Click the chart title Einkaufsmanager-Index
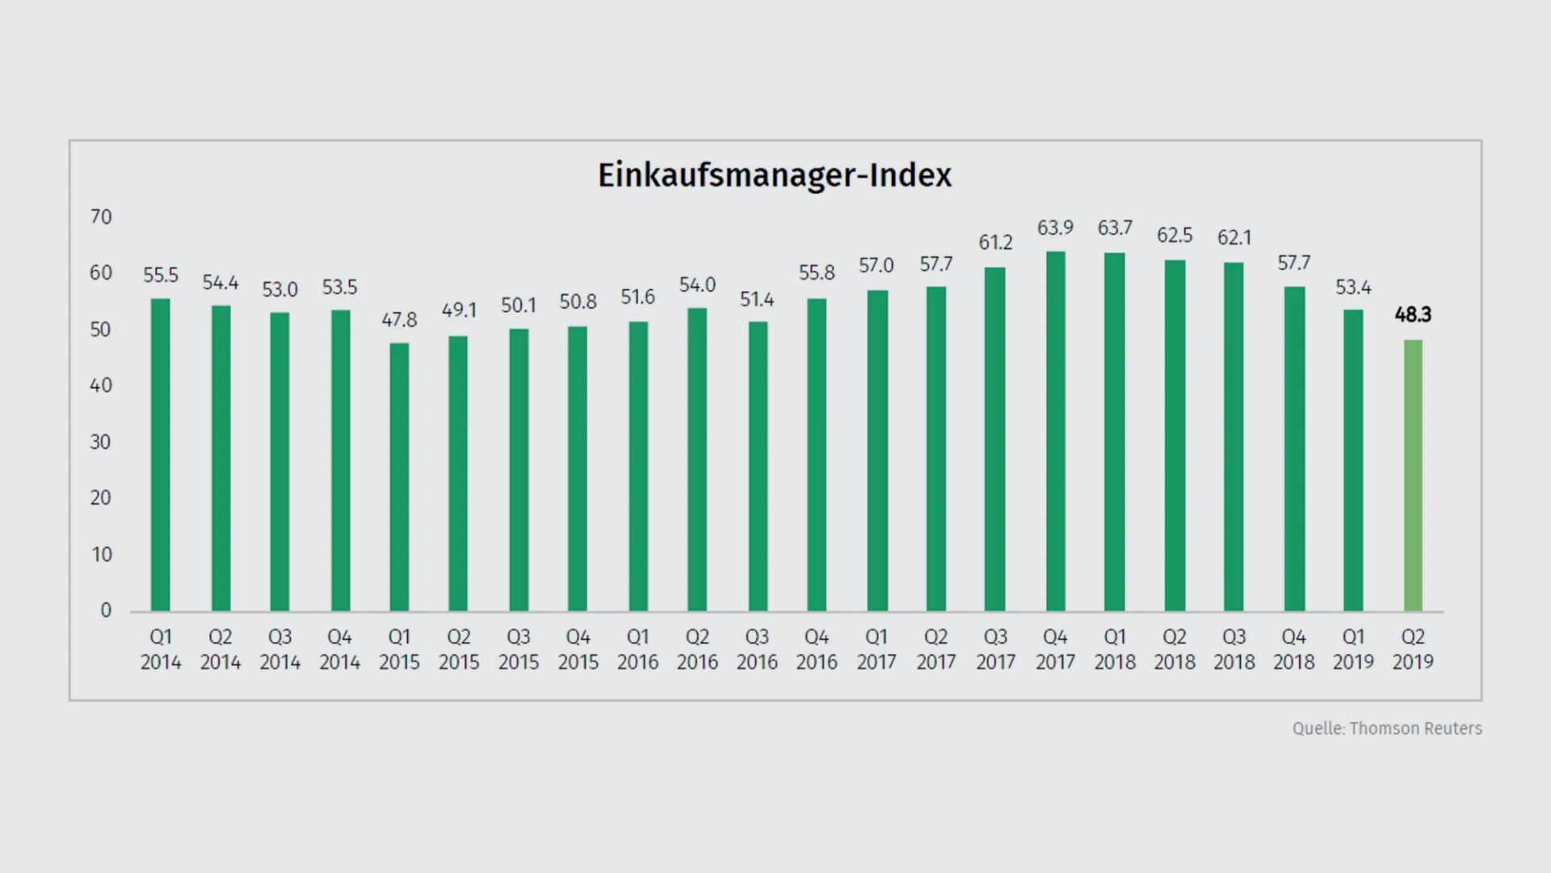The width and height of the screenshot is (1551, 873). coord(775,175)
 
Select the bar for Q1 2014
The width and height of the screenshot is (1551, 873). coord(161,454)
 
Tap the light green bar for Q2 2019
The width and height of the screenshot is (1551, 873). coord(1413,475)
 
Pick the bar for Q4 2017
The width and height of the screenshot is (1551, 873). coord(1055,431)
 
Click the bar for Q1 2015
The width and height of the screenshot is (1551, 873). coord(399,477)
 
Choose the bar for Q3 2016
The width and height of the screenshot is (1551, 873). coord(757,466)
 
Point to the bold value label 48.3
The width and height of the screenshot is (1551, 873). coord(1413,315)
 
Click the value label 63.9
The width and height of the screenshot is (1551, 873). coord(1055,228)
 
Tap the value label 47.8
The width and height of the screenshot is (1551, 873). coord(399,320)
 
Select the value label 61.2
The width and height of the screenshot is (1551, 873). coord(995,242)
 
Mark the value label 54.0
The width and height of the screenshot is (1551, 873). coord(697,285)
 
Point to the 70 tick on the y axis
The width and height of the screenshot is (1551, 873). coord(101,217)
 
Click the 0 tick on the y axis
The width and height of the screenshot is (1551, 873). coord(106,610)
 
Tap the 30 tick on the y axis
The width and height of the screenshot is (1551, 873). coord(101,441)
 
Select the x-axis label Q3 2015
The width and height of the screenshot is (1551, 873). coord(519,649)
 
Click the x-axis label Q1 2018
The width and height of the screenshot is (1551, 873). coord(1115,649)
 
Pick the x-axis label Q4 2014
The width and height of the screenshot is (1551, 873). coord(339,649)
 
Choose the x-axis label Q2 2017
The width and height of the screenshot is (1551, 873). coord(935,649)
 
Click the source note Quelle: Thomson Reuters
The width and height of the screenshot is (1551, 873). coord(1387,728)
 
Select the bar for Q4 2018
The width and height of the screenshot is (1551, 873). coord(1294,449)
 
